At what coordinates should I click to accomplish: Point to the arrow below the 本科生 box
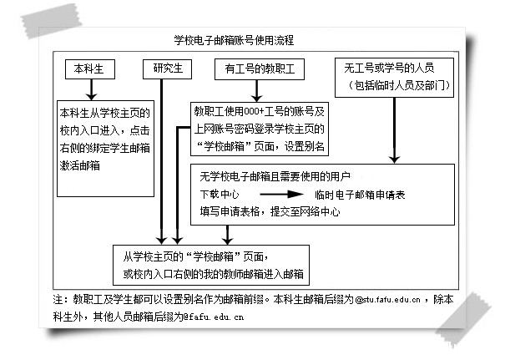tap(91, 89)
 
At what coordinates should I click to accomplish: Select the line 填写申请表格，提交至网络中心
tap(270, 211)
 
